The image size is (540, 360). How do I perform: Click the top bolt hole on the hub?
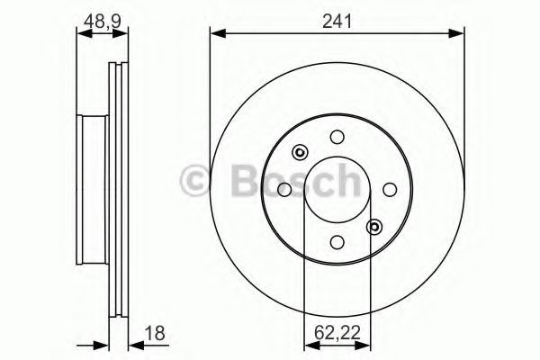337,137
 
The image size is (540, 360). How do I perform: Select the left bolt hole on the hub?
284,189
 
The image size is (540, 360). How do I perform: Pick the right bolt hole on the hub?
391,189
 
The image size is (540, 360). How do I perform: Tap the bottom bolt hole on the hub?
337,242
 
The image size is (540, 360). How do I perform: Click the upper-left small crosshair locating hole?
300,152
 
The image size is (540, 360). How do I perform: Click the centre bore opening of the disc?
337,189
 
